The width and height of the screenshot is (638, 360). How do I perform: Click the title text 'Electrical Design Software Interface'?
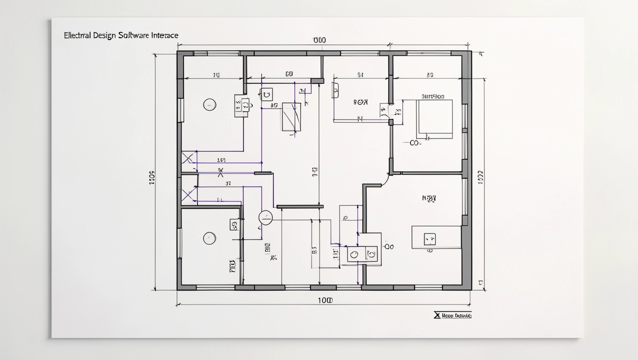point(121,36)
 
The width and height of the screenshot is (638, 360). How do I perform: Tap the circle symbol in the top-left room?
point(209,105)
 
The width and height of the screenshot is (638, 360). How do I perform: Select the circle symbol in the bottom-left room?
point(209,238)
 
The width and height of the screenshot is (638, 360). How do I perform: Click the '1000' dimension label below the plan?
point(325,300)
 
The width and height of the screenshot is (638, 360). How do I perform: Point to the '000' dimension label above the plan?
point(319,41)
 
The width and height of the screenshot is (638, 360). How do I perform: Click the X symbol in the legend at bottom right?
point(437,315)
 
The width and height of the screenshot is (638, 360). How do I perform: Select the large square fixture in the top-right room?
point(434,119)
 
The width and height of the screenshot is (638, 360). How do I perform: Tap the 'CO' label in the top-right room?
point(415,143)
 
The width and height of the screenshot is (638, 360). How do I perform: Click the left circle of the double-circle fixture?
point(355,254)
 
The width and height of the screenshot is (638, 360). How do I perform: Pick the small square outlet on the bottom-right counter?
point(429,239)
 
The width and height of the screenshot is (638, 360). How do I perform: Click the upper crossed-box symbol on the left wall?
point(188,158)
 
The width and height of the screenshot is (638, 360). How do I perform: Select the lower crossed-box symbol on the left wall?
point(188,195)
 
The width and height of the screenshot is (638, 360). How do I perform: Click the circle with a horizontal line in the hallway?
point(266,217)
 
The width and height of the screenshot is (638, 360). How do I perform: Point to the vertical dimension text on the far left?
point(152,178)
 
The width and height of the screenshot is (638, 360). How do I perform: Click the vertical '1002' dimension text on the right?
point(480,178)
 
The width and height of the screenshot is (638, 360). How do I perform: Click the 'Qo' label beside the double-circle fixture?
point(389,246)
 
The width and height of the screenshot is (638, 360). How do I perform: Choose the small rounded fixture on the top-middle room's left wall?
point(335,90)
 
